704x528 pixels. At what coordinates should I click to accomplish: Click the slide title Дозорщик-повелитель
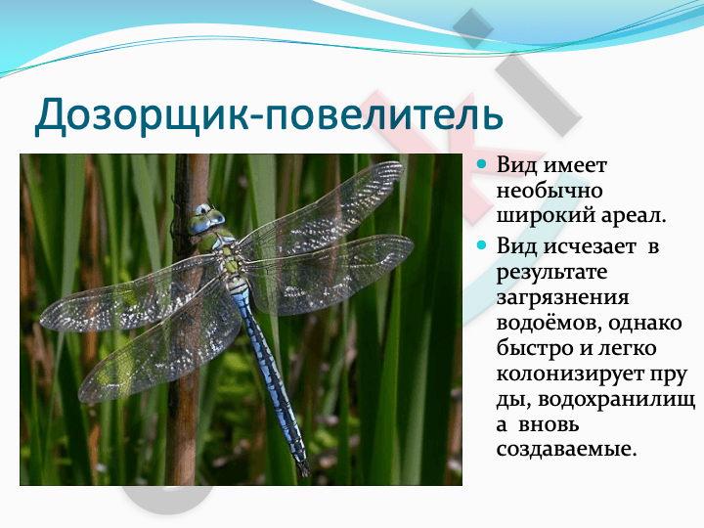pos(269,115)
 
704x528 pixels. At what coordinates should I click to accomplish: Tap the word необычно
pos(550,191)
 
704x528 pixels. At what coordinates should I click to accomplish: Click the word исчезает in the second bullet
pos(590,246)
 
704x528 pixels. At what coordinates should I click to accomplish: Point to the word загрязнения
pos(562,298)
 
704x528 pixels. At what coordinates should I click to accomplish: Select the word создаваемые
pos(566,449)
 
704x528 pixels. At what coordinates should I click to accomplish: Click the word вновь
pos(549,424)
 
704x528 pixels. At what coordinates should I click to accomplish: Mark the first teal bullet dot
pos(481,164)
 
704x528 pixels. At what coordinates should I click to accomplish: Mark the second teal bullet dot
pos(481,245)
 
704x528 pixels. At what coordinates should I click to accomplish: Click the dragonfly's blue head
pos(205,219)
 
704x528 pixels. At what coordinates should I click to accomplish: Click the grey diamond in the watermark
pos(473,27)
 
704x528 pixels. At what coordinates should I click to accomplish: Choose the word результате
pos(551,273)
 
